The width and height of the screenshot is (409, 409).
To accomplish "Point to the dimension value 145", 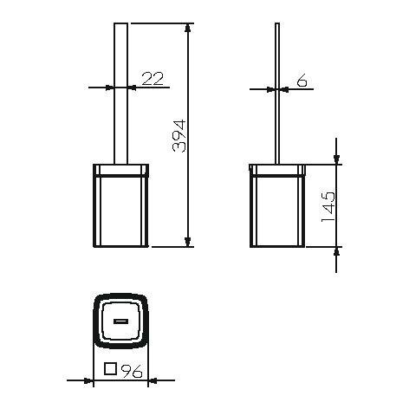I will click(328, 205).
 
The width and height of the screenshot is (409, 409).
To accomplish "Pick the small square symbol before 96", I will click(110, 369).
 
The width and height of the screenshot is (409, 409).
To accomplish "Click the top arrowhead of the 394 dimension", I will click(188, 29).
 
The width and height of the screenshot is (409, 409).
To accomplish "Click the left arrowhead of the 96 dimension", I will click(89, 379).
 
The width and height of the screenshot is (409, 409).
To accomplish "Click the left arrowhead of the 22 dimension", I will click(109, 87).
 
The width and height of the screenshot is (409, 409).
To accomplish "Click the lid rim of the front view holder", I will click(120, 168).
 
